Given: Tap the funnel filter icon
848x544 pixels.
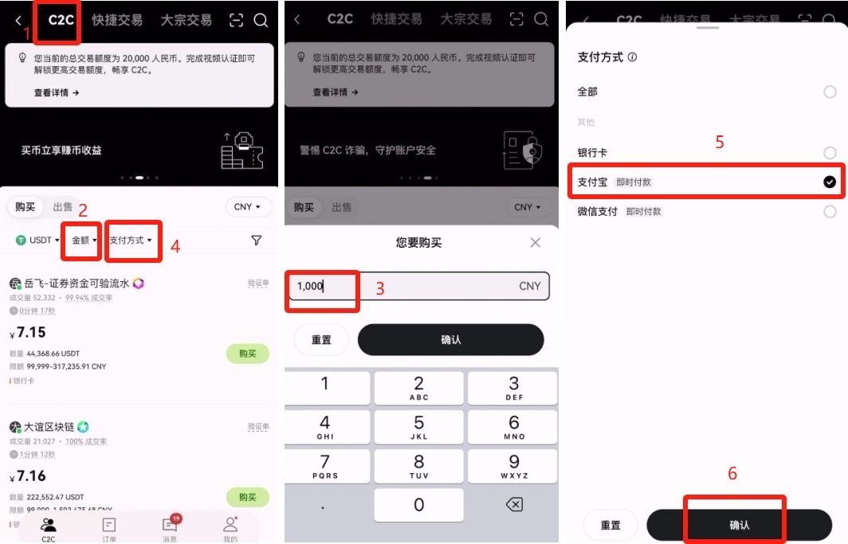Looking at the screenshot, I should (256, 240).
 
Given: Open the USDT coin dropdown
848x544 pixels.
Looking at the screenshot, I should (35, 240).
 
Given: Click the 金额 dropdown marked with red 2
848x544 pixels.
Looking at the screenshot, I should (83, 240).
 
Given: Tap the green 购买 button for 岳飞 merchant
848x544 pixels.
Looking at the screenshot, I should (248, 354).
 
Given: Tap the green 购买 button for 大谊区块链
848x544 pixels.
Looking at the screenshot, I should (248, 497).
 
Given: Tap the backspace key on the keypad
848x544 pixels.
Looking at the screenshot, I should (514, 504).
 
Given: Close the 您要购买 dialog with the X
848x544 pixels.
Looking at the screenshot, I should (536, 242).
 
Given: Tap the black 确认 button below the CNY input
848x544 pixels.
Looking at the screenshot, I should (450, 339).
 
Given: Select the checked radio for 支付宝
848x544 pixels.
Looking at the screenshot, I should (830, 182).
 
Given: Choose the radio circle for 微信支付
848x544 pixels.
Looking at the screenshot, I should (830, 212).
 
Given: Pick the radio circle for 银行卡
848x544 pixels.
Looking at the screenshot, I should (830, 153).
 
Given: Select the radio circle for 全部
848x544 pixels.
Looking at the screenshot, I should (830, 92).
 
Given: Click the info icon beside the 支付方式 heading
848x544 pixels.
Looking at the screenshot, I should (633, 57).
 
